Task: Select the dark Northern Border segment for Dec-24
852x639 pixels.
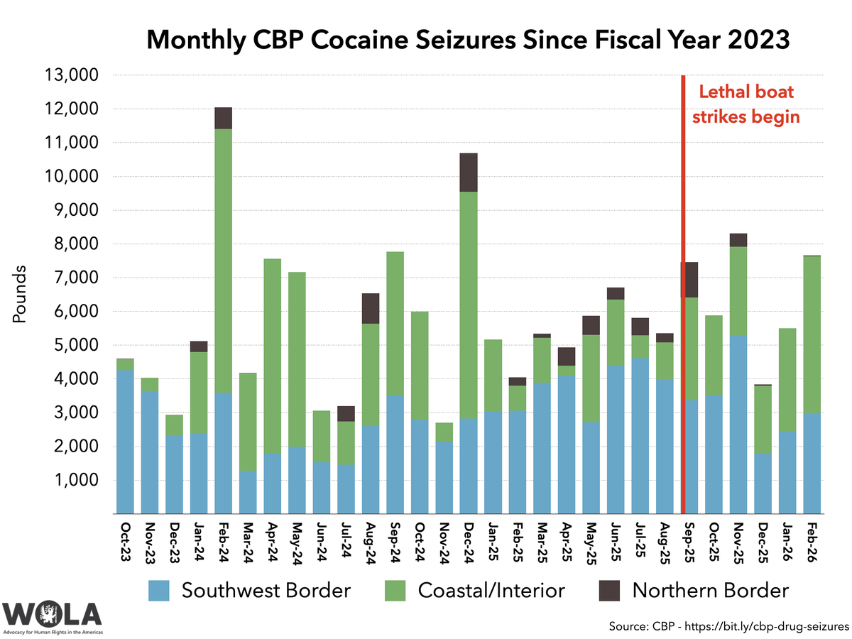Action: pyautogui.click(x=469, y=173)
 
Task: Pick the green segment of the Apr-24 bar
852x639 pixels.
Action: pyautogui.click(x=273, y=356)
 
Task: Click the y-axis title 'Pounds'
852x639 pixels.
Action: pyautogui.click(x=21, y=295)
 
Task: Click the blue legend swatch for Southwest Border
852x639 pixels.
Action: pyautogui.click(x=160, y=591)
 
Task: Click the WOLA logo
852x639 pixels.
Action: pyautogui.click(x=52, y=615)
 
